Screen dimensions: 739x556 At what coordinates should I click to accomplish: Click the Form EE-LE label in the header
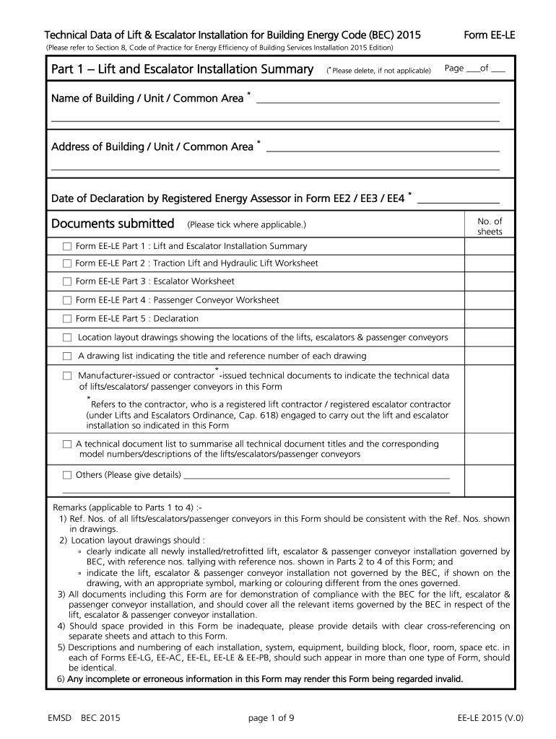click(x=489, y=35)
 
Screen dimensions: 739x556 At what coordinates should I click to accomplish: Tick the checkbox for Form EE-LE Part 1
click(x=67, y=245)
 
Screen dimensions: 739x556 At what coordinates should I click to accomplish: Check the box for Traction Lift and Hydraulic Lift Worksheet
click(x=67, y=263)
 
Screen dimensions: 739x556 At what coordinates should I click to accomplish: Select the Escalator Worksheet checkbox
click(x=67, y=281)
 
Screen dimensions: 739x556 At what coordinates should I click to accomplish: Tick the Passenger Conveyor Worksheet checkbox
click(x=67, y=299)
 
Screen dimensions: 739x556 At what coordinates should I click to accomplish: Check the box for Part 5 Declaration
click(x=67, y=318)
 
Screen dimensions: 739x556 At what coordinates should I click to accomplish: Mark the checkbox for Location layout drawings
click(x=67, y=337)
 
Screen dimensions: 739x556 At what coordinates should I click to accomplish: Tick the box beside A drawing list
click(x=67, y=356)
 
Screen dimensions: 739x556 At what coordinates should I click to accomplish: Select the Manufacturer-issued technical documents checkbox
click(x=67, y=375)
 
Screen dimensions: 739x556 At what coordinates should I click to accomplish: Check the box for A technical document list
click(x=67, y=444)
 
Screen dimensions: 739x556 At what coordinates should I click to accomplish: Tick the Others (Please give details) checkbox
click(x=67, y=475)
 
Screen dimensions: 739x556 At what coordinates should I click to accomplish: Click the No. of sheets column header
click(x=490, y=227)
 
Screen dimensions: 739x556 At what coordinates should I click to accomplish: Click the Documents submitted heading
click(x=113, y=224)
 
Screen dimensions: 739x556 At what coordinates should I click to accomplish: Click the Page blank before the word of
click(x=473, y=71)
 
